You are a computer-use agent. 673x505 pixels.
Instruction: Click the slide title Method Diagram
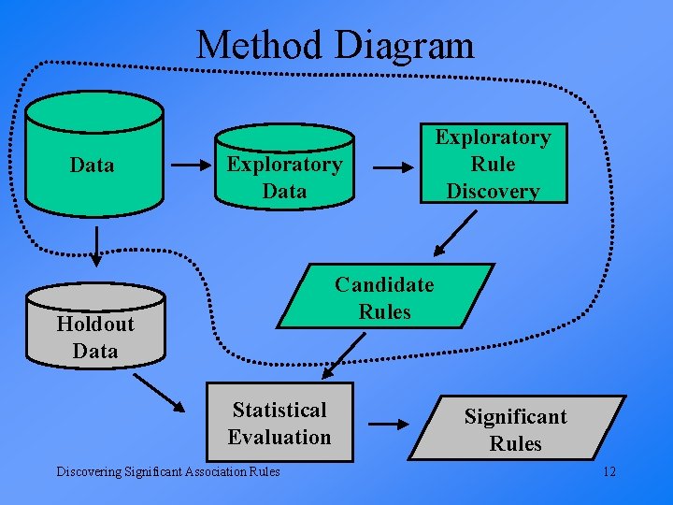click(x=336, y=44)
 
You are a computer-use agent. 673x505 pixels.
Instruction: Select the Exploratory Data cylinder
click(x=284, y=172)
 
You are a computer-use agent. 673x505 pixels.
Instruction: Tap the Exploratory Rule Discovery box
click(x=493, y=164)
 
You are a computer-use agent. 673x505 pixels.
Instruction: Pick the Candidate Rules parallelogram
click(x=384, y=296)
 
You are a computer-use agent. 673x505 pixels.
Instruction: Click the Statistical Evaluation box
click(x=279, y=423)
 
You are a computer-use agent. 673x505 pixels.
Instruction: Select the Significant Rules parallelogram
click(x=515, y=428)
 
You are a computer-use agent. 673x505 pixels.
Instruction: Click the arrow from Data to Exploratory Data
click(x=193, y=166)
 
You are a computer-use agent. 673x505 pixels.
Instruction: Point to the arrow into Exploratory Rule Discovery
click(x=394, y=167)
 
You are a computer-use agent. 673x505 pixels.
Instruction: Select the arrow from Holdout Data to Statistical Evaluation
click(x=159, y=392)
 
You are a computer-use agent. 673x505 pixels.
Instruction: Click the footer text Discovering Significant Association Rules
click(x=167, y=471)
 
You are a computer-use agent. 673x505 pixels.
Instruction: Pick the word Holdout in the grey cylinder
click(x=95, y=324)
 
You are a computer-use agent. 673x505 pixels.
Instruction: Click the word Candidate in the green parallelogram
click(x=384, y=284)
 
